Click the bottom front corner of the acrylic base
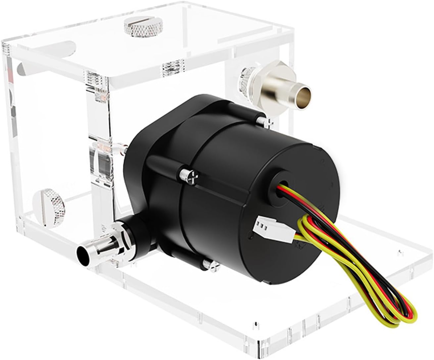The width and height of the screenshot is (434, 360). point(260,352)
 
